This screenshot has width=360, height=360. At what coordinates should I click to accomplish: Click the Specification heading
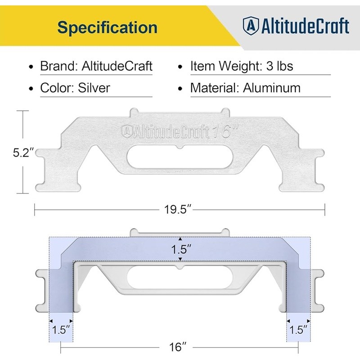(x=107, y=27)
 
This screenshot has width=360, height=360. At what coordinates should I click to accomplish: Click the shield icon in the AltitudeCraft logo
(x=250, y=26)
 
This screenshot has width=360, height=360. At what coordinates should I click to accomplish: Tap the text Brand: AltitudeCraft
(x=96, y=66)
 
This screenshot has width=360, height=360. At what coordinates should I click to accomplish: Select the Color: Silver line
(x=75, y=87)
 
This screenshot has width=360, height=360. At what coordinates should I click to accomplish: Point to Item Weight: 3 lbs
(x=241, y=66)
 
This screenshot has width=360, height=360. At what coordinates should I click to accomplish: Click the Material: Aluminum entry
(x=245, y=87)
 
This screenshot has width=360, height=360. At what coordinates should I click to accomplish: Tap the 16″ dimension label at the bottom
(x=179, y=347)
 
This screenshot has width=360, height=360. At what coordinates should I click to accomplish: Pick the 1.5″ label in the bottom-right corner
(x=298, y=329)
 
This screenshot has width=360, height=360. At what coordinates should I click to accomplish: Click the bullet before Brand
(x=31, y=67)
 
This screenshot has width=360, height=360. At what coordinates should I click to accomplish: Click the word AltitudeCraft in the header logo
(x=304, y=26)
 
